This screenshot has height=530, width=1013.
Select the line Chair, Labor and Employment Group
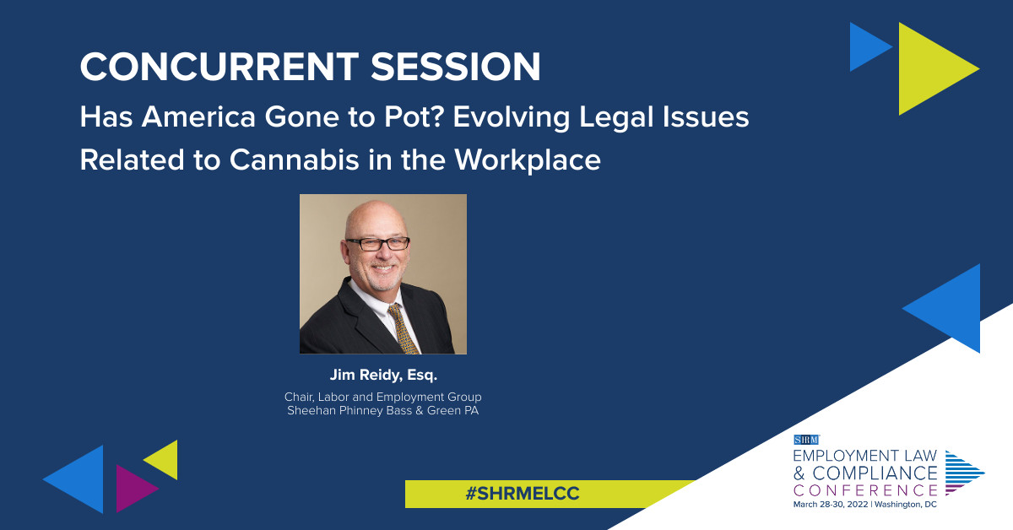[x=383, y=397]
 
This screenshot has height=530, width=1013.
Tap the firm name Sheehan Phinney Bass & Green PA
[x=383, y=411]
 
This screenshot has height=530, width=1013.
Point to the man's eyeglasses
[x=377, y=243]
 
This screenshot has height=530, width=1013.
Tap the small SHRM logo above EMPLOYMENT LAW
[x=807, y=439]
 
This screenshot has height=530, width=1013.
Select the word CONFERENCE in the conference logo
[x=865, y=489]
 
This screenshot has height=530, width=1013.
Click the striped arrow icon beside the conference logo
[x=963, y=472]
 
